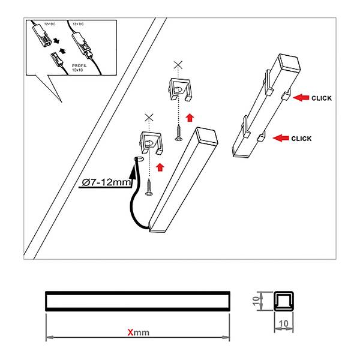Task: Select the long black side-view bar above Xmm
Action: click(x=137, y=299)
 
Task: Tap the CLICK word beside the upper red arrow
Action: click(x=322, y=97)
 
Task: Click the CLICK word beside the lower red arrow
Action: click(x=301, y=139)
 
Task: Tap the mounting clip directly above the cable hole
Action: click(x=149, y=140)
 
